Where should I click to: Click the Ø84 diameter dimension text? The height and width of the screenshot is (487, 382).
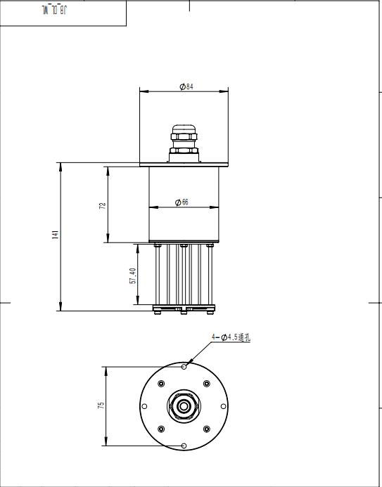[186, 86]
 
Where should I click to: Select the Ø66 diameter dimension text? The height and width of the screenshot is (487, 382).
[183, 202]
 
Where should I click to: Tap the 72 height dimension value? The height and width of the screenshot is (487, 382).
[103, 205]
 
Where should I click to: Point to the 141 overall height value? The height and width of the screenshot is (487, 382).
[56, 235]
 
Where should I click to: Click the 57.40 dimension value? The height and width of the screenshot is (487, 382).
[132, 275]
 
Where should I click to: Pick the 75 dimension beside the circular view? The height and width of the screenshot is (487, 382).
[101, 406]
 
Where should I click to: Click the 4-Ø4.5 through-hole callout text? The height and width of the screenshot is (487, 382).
[231, 338]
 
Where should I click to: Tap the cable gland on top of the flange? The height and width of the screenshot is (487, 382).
[184, 140]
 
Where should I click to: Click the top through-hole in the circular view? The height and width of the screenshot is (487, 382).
[184, 367]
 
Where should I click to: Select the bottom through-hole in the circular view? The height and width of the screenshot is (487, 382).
[184, 446]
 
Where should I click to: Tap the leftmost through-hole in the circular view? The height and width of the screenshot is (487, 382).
[144, 406]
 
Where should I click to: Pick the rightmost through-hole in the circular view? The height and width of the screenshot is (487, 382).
[223, 406]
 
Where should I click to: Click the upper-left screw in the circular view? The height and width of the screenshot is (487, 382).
[161, 384]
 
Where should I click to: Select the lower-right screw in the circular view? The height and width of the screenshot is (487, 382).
[206, 429]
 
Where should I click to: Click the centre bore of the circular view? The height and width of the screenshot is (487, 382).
[184, 406]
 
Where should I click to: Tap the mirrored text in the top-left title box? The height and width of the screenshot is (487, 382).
[53, 10]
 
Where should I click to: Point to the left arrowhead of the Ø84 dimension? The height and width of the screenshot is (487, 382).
[142, 91]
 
